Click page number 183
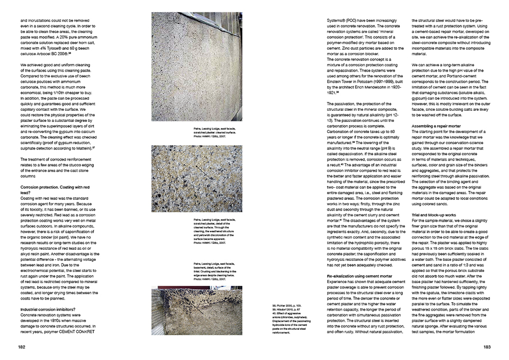point(486,347)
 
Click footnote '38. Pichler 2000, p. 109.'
point(286,306)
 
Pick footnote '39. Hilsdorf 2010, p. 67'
point(286,310)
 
